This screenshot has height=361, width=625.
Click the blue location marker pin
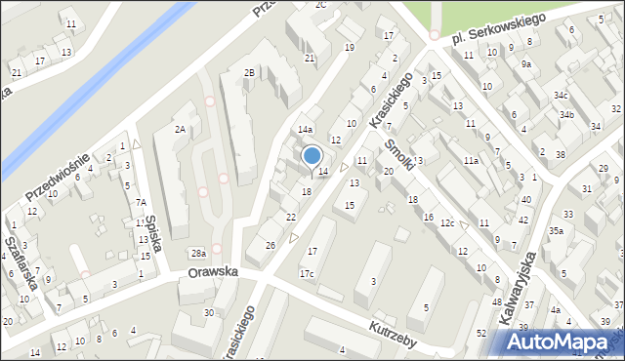tap(312, 156)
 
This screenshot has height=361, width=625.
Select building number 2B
tap(249, 72)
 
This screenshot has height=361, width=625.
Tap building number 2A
tap(180, 129)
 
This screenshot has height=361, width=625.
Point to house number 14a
tap(305, 130)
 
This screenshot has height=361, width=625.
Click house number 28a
tap(198, 253)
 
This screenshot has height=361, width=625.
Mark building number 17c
tap(307, 274)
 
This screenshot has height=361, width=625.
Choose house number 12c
tap(446, 223)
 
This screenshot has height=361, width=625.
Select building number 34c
tap(560, 96)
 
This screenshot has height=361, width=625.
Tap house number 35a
tap(556, 230)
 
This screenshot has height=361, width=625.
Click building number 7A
tap(141, 203)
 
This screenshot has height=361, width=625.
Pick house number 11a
tap(471, 160)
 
